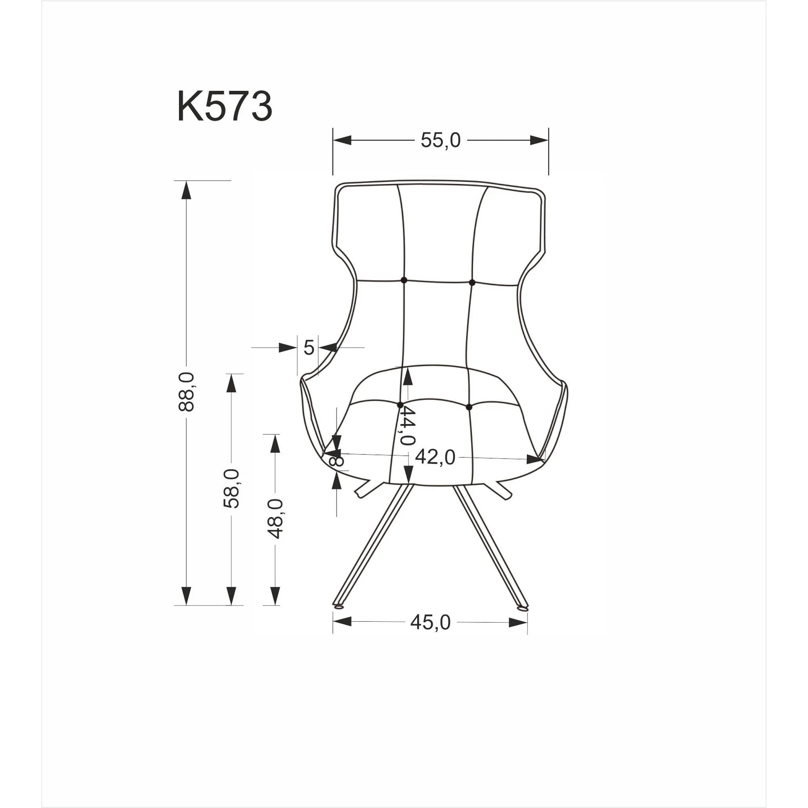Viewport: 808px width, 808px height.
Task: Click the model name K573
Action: tap(225, 107)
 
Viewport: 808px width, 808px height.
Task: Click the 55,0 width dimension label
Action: tap(440, 141)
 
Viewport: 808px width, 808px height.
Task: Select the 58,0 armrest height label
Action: tap(231, 488)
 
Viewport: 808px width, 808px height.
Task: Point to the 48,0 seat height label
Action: tap(276, 519)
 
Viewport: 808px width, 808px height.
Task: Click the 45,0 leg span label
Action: tap(430, 622)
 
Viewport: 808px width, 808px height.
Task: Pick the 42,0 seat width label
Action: tap(435, 458)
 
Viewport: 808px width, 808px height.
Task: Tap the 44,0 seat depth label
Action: tap(406, 426)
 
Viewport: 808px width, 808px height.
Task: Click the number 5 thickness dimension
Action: tap(309, 347)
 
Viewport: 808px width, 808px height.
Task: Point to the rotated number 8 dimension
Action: tap(336, 461)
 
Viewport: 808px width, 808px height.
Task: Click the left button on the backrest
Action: tap(404, 280)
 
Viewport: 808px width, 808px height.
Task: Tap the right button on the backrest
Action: tap(472, 283)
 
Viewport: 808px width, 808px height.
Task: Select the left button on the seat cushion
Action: tap(400, 405)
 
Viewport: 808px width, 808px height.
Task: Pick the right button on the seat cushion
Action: tap(468, 406)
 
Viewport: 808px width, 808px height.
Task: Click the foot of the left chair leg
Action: tap(338, 606)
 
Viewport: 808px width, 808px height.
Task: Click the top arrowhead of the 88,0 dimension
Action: tap(186, 191)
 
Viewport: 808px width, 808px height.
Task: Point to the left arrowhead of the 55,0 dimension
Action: tap(342, 141)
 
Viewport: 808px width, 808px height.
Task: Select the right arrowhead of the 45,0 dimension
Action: tap(518, 622)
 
